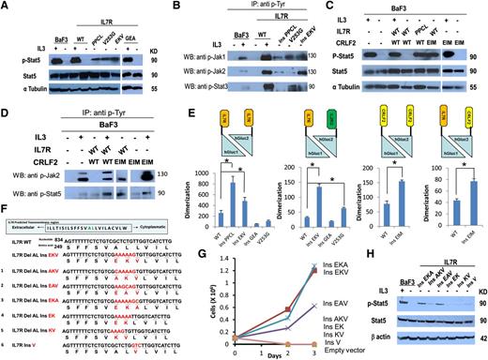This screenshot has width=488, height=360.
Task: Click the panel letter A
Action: click(x=7, y=7)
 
